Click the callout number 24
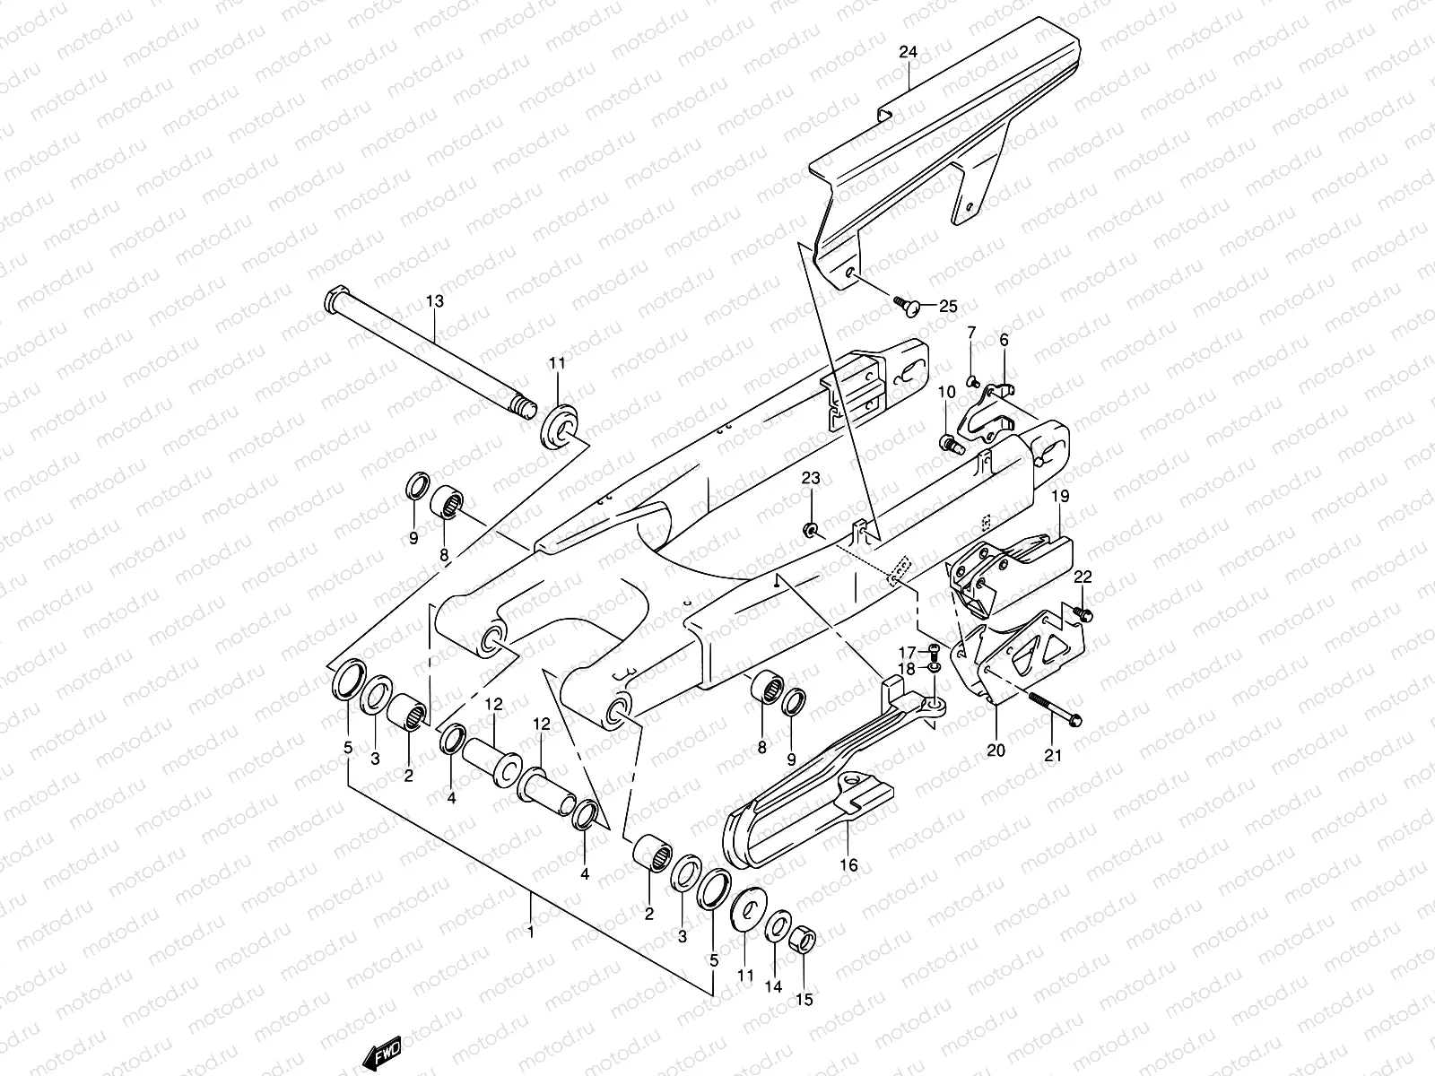[909, 53]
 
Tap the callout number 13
[434, 302]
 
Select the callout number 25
[948, 307]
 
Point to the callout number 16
[848, 865]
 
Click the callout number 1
[530, 932]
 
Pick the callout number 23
[811, 479]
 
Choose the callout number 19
[1060, 496]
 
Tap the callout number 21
[1053, 755]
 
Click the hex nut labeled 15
[804, 941]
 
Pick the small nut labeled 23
[811, 532]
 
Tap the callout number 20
[996, 751]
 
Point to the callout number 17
[907, 651]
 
